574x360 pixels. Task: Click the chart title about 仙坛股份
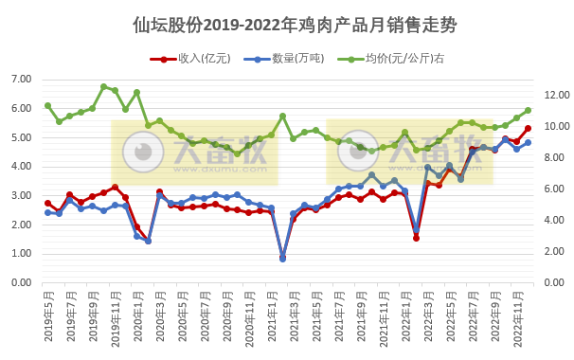287,26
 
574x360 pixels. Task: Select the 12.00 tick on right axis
554,96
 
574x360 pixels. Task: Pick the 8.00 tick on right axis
554,158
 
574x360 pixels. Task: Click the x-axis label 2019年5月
47,315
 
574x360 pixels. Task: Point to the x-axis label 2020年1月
136,315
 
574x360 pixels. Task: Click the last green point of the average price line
528,110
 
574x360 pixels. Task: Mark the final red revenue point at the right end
528,128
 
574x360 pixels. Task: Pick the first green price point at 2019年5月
47,105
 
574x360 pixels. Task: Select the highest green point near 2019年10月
103,86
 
